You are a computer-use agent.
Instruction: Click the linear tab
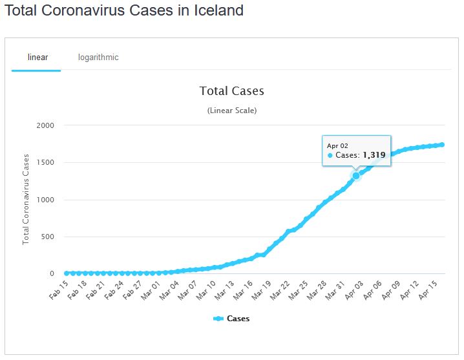pos(37,57)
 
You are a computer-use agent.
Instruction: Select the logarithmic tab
pos(98,57)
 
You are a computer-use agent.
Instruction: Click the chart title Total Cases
pos(231,91)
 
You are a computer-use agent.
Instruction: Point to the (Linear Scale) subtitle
pos(232,111)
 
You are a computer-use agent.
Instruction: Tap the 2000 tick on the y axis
pos(45,125)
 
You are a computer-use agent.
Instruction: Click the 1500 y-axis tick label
pos(45,163)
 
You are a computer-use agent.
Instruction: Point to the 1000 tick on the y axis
pos(45,200)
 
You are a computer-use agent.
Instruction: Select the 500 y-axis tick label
pos(48,237)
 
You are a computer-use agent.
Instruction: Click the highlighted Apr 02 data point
pos(355,175)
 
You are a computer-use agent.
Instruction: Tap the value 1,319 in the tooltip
pos(374,155)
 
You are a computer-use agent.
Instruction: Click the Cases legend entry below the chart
pos(231,319)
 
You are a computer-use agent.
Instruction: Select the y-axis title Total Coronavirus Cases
pos(26,198)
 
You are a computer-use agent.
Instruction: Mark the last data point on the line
pos(441,145)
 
